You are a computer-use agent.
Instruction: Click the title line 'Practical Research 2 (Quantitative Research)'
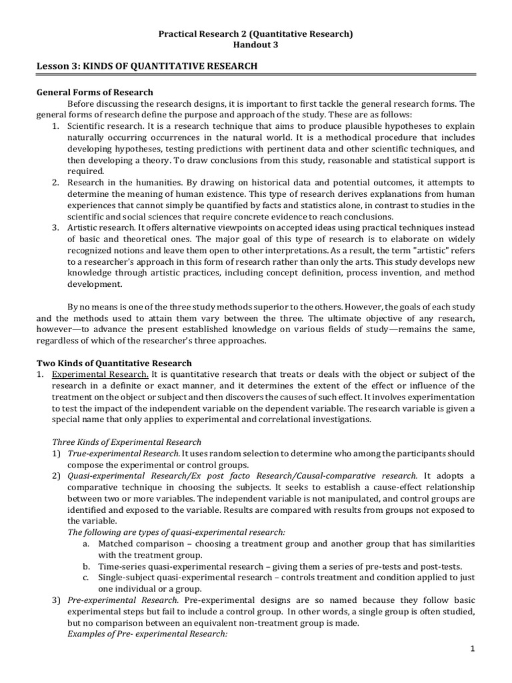255,33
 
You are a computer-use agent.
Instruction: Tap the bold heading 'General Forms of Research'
95,92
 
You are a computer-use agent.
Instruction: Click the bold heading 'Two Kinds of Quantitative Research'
113,363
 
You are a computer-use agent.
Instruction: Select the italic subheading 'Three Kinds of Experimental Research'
126,442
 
